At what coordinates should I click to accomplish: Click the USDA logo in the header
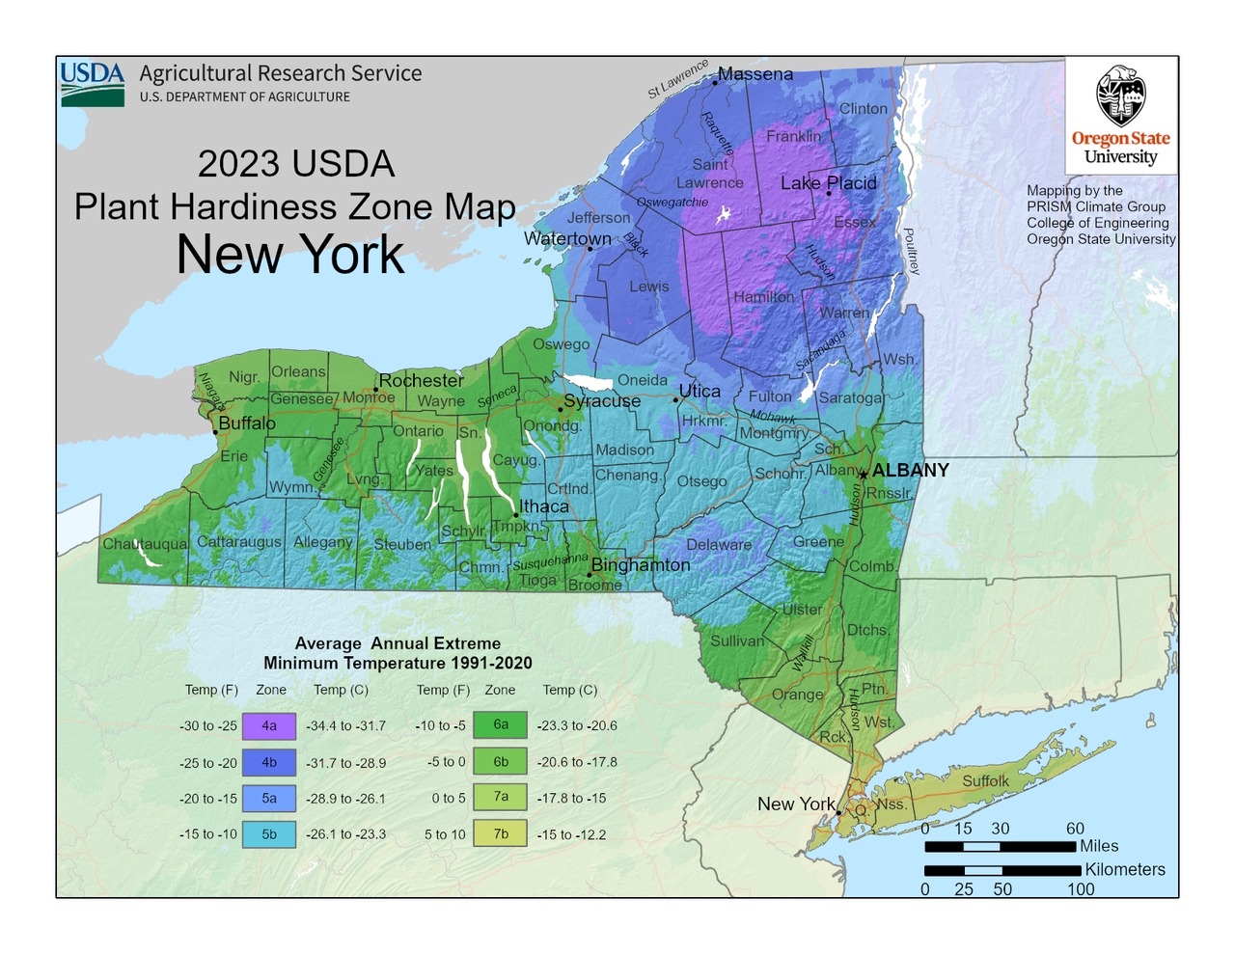coord(93,84)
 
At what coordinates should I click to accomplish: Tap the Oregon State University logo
coord(1120,116)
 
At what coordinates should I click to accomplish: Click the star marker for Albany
coord(863,474)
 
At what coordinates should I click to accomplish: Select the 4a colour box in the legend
coord(269,725)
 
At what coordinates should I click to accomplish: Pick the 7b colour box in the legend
coord(500,833)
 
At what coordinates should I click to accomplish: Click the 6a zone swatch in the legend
coord(500,724)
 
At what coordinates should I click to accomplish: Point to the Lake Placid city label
coord(828,182)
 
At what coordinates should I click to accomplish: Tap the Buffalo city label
coord(247,423)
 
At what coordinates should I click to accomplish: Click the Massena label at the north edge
coord(755,74)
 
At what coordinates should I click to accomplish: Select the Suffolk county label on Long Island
coord(985,780)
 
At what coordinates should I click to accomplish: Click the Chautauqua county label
coord(145,544)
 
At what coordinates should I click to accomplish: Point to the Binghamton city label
coord(641,564)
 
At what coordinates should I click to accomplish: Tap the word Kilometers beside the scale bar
coord(1124,869)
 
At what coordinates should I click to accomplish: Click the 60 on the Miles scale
coord(1075,829)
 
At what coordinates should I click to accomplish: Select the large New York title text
coord(290,255)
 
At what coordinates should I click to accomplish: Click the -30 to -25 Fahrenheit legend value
coord(207,726)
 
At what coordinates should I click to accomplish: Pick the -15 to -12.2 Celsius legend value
coord(571,834)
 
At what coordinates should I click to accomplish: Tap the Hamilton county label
coord(763,297)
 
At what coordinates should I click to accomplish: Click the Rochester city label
coord(422,380)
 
